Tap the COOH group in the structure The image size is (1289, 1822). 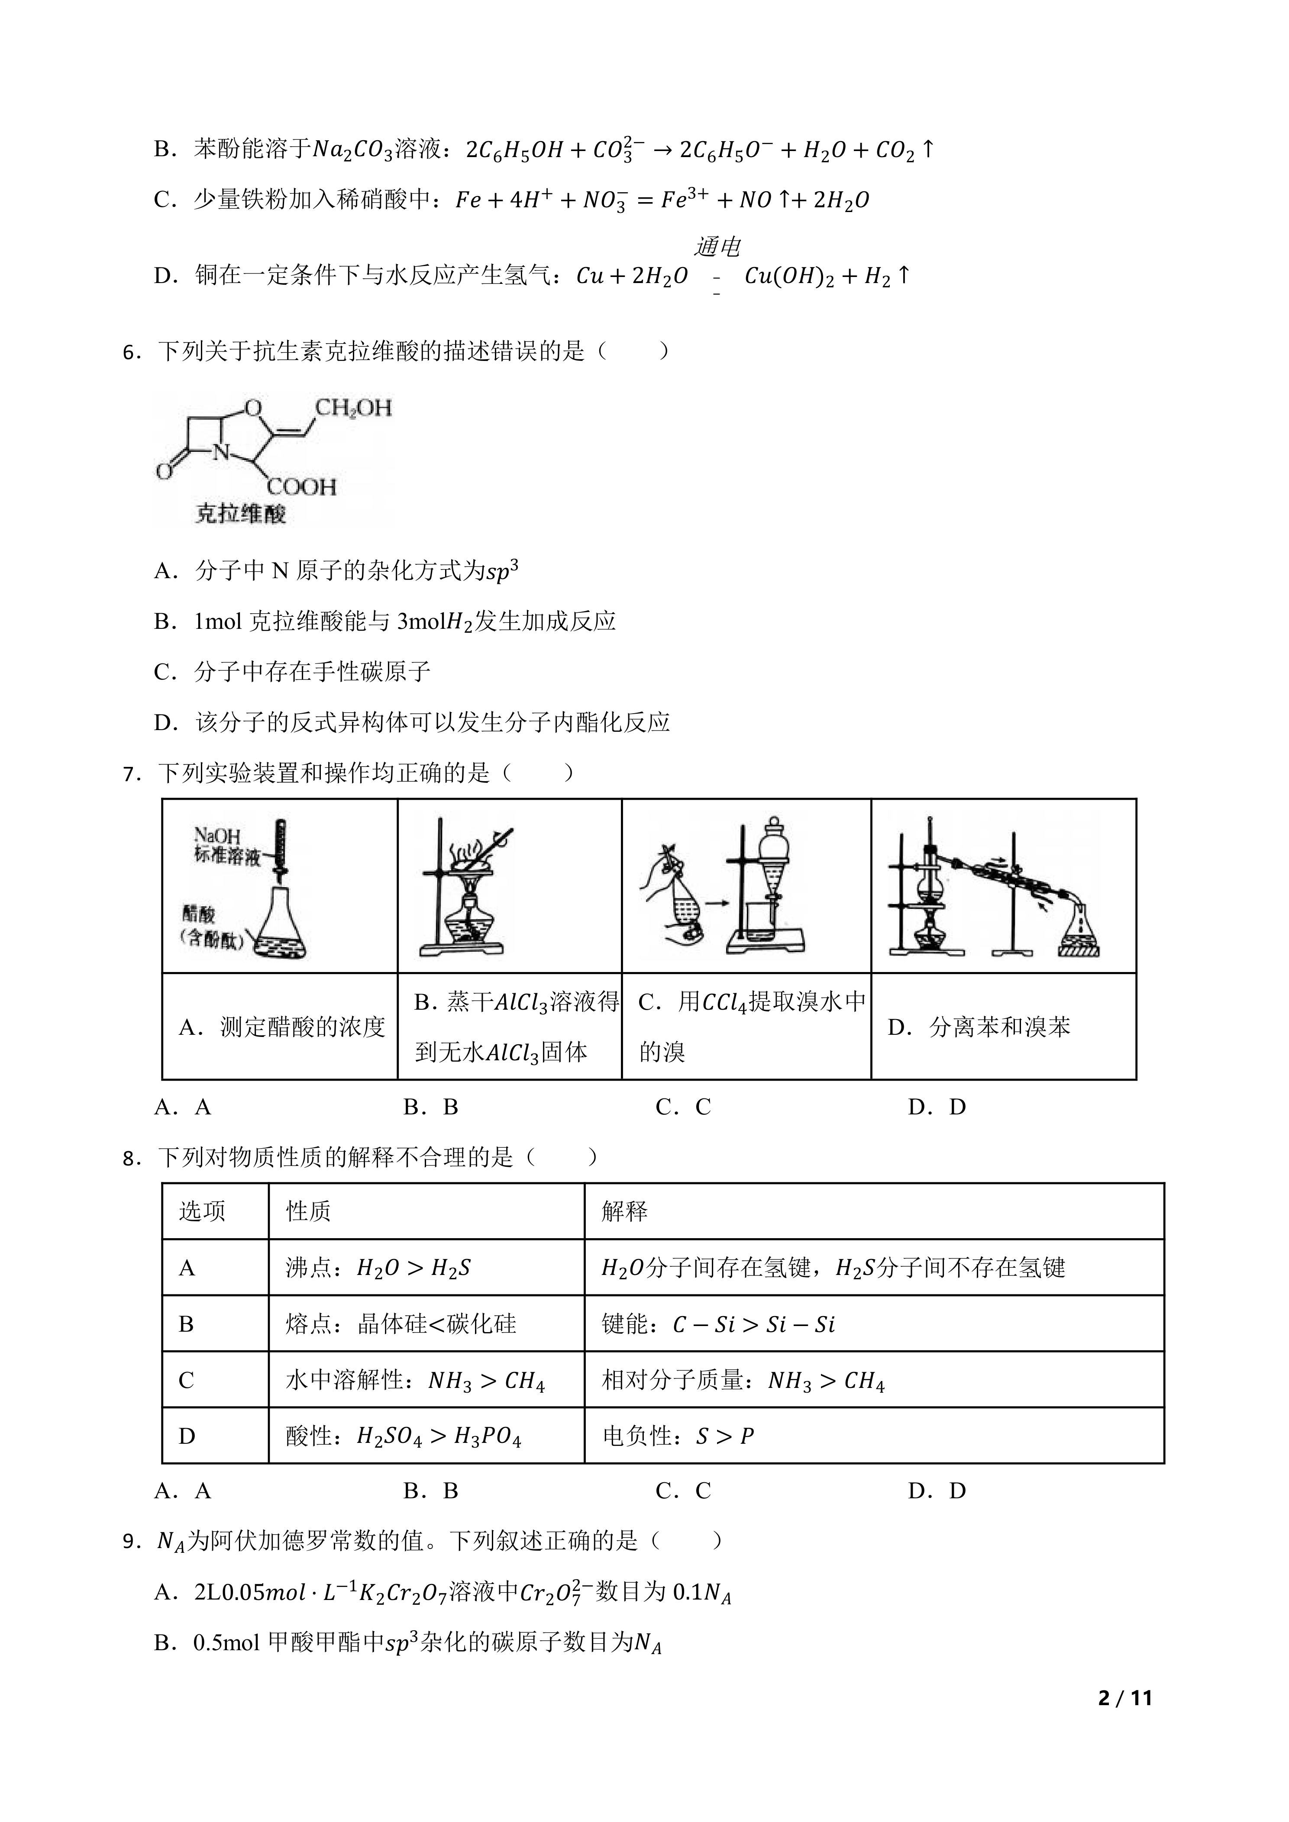click(302, 486)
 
